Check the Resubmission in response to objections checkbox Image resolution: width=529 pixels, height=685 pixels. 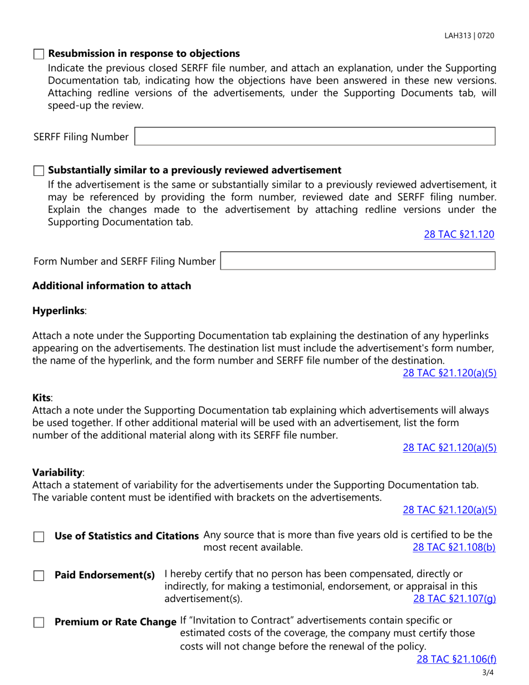point(38,54)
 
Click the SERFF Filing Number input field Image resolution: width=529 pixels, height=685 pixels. point(315,136)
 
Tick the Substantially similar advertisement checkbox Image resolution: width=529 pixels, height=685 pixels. point(38,170)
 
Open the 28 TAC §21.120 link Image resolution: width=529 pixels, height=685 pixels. point(459,234)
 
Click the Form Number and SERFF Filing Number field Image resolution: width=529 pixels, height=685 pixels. point(358,261)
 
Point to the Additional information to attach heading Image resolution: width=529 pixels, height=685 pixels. point(111,286)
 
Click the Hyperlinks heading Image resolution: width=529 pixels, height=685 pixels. point(58,310)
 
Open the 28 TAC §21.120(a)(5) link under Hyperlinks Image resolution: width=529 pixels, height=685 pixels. point(449,373)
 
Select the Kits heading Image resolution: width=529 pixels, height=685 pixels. point(42,398)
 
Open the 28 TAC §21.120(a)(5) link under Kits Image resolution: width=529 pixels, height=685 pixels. point(449,447)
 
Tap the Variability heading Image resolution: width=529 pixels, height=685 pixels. point(57,472)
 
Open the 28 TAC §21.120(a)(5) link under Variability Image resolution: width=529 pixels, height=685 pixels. point(449,509)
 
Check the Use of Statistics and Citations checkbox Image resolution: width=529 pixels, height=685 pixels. point(38,537)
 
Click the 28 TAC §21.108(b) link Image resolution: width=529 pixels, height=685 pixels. point(454,547)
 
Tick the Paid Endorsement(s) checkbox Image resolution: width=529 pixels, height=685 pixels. point(38,576)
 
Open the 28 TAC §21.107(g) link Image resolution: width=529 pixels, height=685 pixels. point(454,599)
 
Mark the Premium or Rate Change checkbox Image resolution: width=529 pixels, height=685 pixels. point(38,622)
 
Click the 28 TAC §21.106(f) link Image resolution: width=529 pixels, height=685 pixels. point(456,659)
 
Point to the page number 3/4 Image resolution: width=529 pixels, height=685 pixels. point(488,673)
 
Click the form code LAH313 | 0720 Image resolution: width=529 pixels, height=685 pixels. point(469,36)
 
